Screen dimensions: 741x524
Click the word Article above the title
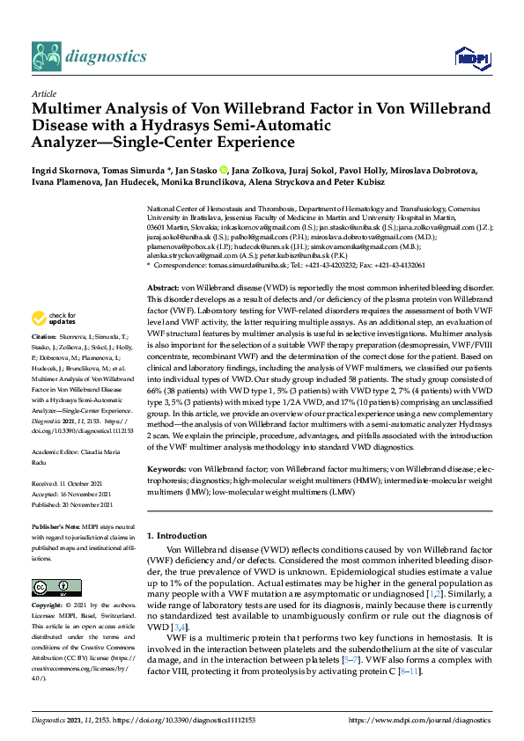click(x=44, y=92)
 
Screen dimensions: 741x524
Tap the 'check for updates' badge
click(x=55, y=318)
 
